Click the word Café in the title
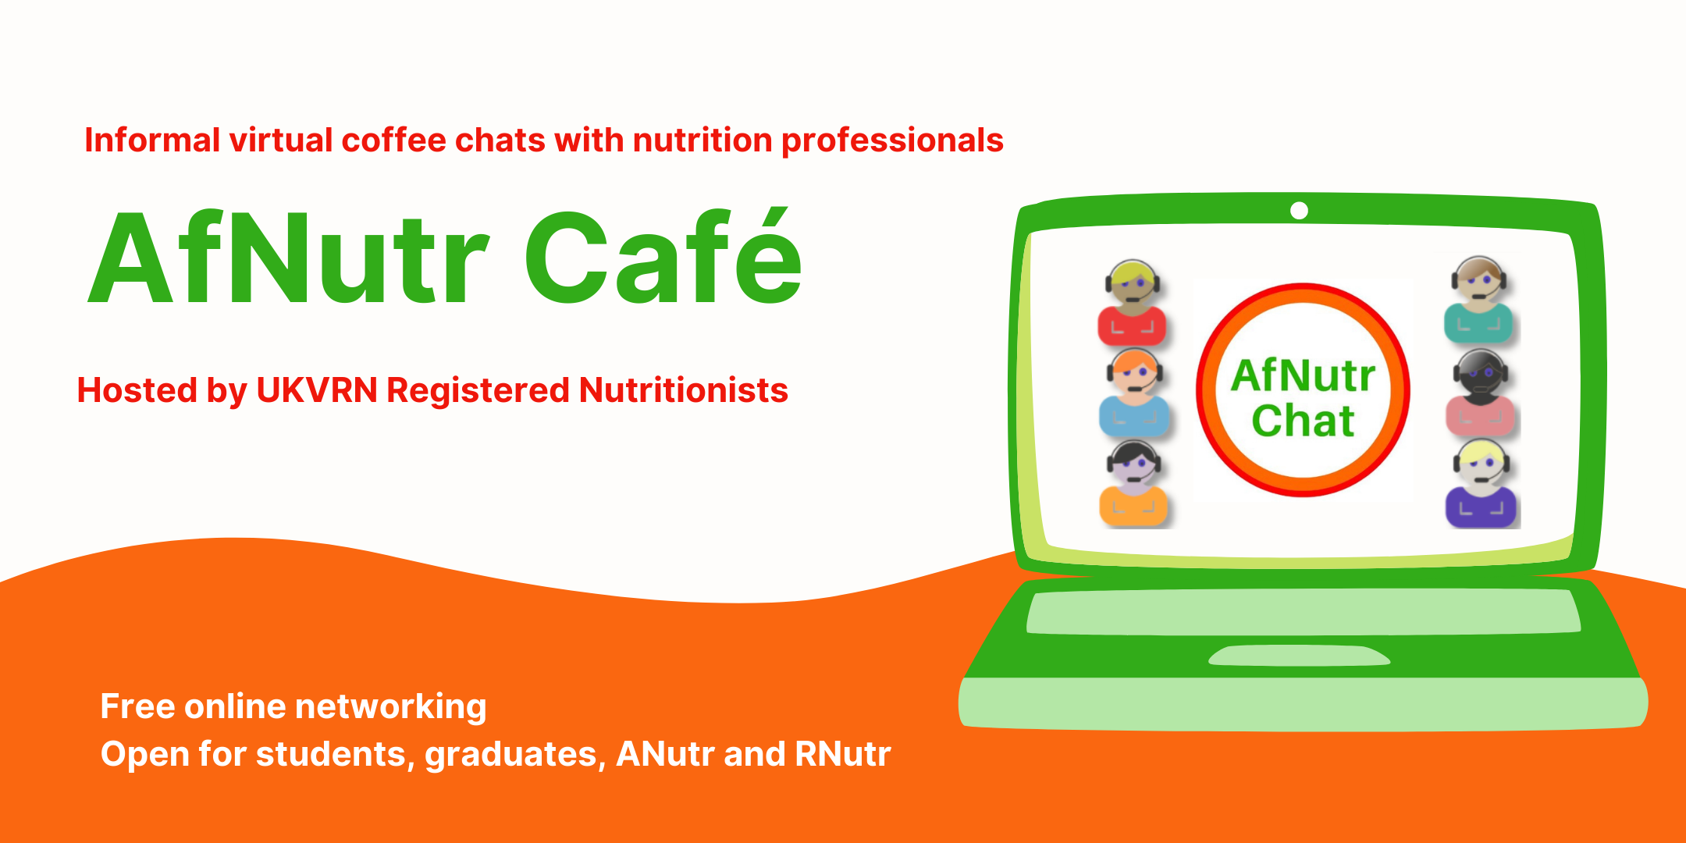click(x=663, y=256)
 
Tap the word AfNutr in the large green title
click(x=289, y=258)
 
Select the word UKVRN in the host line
click(x=317, y=390)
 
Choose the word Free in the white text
click(x=137, y=706)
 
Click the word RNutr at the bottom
click(x=843, y=754)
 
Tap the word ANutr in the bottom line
click(x=665, y=754)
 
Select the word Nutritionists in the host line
click(x=684, y=390)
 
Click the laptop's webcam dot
click(x=1299, y=211)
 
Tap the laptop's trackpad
click(x=1299, y=655)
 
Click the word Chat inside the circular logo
click(x=1303, y=421)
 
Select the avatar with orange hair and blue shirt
click(x=1134, y=393)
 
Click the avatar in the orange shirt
click(x=1133, y=483)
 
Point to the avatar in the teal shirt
click(x=1478, y=301)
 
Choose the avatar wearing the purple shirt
click(x=1481, y=483)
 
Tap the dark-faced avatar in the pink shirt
click(x=1480, y=393)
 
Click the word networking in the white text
click(x=390, y=707)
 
